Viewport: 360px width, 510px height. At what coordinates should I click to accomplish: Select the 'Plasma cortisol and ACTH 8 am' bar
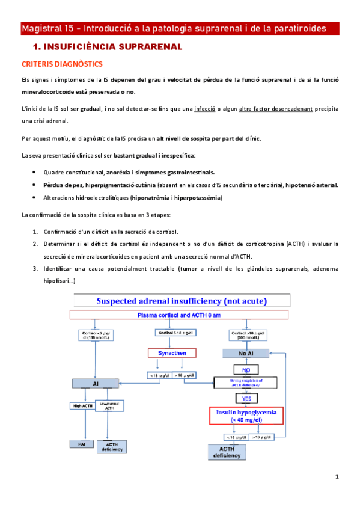(x=180, y=315)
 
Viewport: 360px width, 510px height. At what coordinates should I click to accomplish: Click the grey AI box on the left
(x=96, y=382)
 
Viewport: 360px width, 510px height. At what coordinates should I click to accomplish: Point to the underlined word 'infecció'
(x=207, y=109)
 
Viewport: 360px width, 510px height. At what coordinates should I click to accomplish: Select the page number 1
(x=337, y=476)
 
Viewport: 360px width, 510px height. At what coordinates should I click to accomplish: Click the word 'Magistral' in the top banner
(x=43, y=29)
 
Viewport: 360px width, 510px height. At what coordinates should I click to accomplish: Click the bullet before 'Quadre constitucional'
(x=34, y=172)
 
